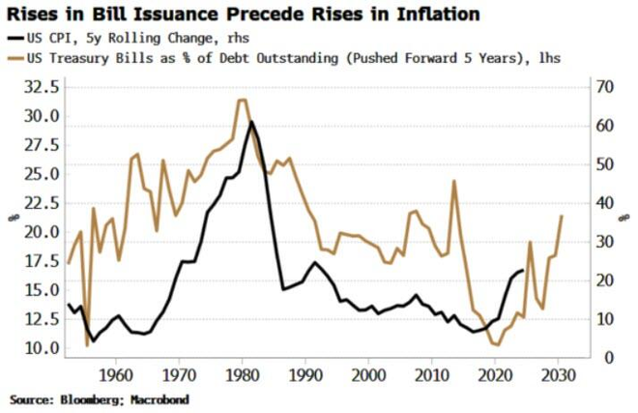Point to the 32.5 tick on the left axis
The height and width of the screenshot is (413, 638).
pos(38,87)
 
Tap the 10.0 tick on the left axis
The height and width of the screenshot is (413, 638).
pos(38,348)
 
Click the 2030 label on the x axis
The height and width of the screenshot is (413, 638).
pos(558,375)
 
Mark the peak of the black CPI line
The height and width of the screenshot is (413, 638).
pos(251,122)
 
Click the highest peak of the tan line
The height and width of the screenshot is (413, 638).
pos(242,100)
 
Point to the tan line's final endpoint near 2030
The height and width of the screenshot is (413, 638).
pos(563,216)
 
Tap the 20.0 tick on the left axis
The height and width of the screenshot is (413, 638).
pos(38,232)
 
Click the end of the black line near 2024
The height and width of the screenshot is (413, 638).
pos(524,271)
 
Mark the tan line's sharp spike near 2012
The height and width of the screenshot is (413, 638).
pos(453,181)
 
